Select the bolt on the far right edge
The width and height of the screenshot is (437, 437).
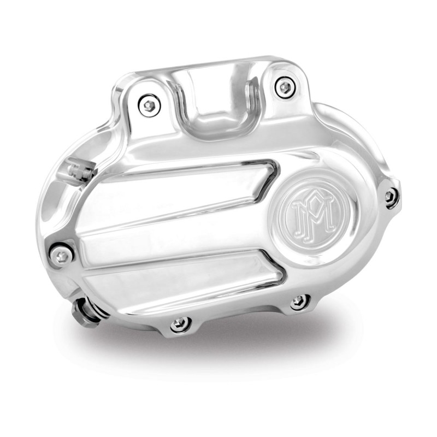pyautogui.click(x=391, y=197)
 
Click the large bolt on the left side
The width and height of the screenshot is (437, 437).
pyautogui.click(x=62, y=255)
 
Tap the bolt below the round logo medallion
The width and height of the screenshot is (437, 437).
pyautogui.click(x=299, y=301)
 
